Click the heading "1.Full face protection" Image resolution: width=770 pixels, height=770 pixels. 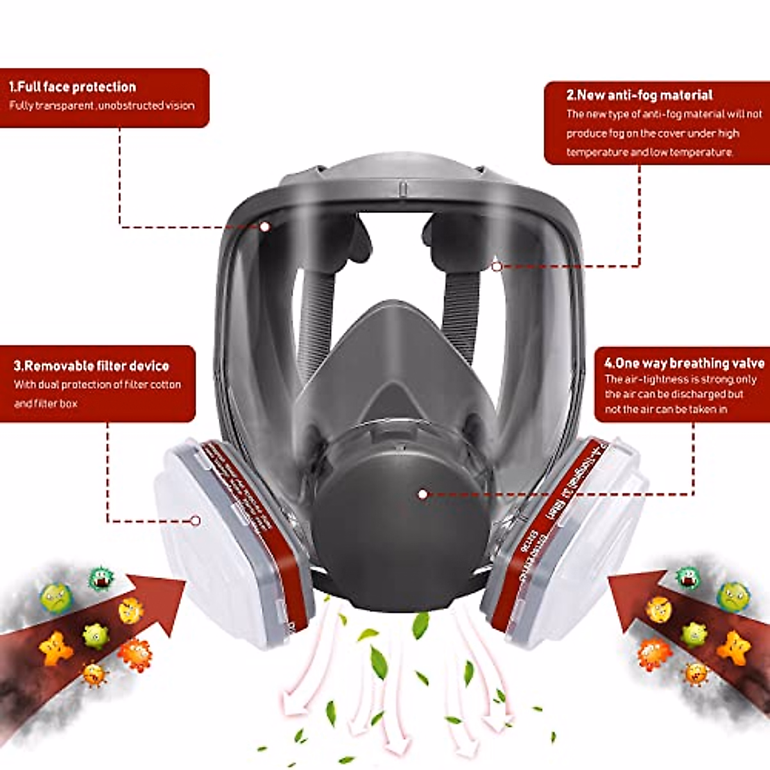(x=73, y=87)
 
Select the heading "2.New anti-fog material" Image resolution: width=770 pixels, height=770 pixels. (x=639, y=96)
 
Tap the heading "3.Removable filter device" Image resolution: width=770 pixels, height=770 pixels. (x=91, y=366)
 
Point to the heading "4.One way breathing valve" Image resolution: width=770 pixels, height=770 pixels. (x=684, y=363)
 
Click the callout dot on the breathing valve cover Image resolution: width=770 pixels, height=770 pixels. (x=422, y=494)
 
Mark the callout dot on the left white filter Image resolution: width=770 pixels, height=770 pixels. (x=196, y=520)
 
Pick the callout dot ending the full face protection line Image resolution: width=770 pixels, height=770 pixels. (x=264, y=226)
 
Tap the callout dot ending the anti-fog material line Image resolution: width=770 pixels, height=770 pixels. (x=497, y=266)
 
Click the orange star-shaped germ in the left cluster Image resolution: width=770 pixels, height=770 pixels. (x=56, y=648)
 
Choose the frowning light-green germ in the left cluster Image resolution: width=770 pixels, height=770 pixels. (x=56, y=597)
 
